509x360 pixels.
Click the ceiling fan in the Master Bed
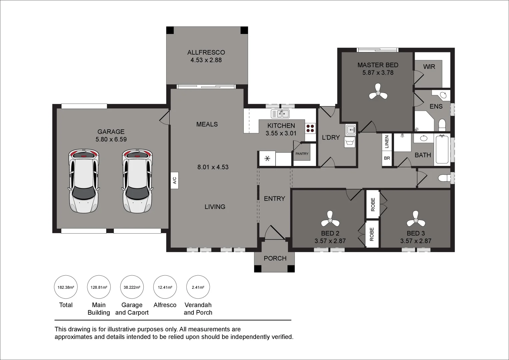(x=378, y=92)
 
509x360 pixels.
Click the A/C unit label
(x=174, y=180)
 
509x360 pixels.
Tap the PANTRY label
(x=302, y=154)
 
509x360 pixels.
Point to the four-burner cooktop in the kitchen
(x=310, y=128)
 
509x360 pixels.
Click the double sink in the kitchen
(x=280, y=114)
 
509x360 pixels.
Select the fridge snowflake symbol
(x=267, y=159)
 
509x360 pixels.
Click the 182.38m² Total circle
(x=66, y=287)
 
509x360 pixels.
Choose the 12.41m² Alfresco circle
(x=165, y=287)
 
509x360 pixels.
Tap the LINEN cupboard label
(x=387, y=142)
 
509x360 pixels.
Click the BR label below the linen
(x=387, y=158)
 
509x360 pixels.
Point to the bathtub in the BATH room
(x=442, y=149)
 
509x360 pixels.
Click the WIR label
(x=429, y=67)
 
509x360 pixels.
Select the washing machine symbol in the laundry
(x=350, y=143)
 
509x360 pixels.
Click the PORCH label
(x=275, y=258)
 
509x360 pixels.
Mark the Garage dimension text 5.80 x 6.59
(x=111, y=139)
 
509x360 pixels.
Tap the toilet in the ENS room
(x=442, y=125)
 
